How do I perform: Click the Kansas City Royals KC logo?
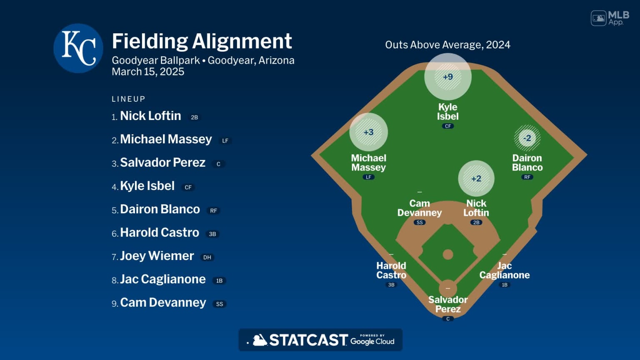[x=78, y=48]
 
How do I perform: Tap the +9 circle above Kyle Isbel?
[x=448, y=77]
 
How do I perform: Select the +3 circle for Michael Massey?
[x=369, y=132]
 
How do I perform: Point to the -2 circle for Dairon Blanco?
[x=527, y=138]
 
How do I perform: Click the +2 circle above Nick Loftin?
[x=476, y=178]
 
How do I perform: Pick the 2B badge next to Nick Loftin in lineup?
[x=194, y=117]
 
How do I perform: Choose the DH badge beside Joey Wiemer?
[x=207, y=257]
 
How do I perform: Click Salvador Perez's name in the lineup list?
[x=162, y=162]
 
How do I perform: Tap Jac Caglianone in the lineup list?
[x=162, y=279]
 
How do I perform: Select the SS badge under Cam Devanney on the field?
[x=420, y=222]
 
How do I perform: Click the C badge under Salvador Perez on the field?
[x=448, y=319]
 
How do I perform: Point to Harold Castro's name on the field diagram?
[x=391, y=270]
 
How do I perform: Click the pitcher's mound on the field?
[x=448, y=254]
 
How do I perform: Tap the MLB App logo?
[x=610, y=18]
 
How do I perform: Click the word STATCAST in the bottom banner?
[x=308, y=340]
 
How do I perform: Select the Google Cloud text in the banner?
[x=372, y=341]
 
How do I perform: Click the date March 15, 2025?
[x=148, y=72]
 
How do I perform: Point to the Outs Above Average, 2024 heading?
[x=447, y=45]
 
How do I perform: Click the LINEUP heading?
[x=128, y=99]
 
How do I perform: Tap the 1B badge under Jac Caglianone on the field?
[x=505, y=285]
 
